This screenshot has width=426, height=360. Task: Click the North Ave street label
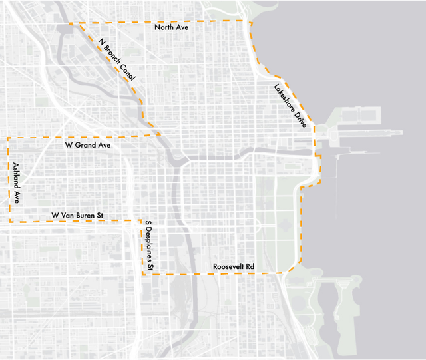pos(172,28)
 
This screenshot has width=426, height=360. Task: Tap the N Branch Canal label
pos(116,59)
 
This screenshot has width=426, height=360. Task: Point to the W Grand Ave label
pos(87,144)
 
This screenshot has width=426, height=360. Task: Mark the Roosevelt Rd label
pos(234,266)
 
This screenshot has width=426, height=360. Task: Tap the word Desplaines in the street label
pos(150,246)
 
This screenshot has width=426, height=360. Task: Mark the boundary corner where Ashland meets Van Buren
pos(9,221)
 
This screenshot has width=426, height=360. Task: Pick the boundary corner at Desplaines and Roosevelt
pos(143,274)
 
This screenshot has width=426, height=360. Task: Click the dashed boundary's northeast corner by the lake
pos(250,22)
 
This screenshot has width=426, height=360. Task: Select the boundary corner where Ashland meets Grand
pos(7,138)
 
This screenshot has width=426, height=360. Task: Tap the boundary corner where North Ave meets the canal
pos(71,24)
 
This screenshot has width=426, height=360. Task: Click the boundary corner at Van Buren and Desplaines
pos(142,221)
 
